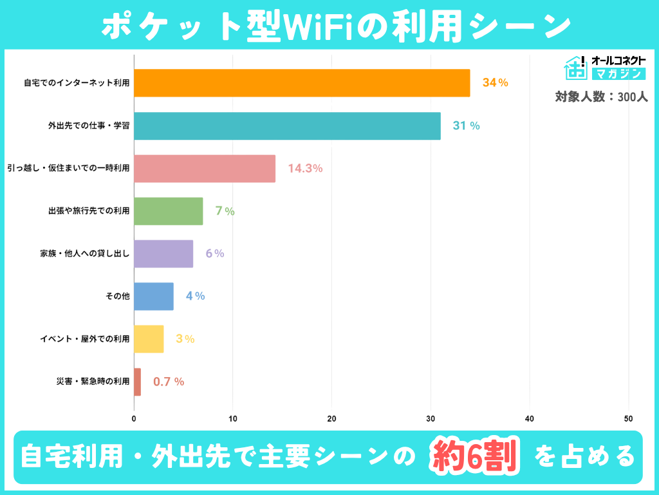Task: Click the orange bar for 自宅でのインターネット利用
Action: click(302, 83)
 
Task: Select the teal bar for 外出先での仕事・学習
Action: click(287, 126)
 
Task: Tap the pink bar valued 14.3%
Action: click(205, 168)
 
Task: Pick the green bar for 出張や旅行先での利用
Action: click(169, 211)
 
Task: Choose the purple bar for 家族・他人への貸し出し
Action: click(163, 254)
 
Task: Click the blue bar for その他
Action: click(154, 296)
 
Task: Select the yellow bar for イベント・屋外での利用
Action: click(149, 339)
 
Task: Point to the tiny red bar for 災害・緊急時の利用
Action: click(137, 382)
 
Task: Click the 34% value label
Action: click(495, 83)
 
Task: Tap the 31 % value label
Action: click(466, 126)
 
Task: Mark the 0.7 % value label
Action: click(169, 382)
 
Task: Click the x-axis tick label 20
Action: click(331, 418)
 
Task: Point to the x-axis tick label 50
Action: click(628, 418)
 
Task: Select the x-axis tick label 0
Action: click(134, 418)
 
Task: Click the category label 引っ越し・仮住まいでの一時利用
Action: click(68, 168)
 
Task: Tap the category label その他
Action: click(117, 296)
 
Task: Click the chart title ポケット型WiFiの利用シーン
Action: click(329, 26)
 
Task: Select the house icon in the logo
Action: click(575, 68)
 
